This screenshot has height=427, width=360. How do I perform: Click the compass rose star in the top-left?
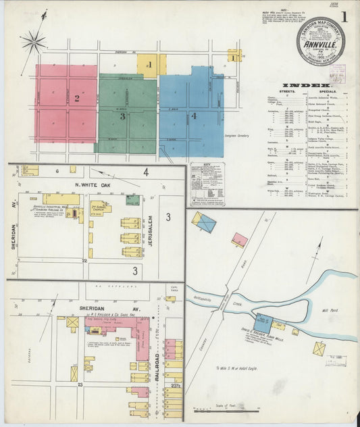coord(32,43)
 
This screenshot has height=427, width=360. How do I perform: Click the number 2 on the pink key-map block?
coord(77,99)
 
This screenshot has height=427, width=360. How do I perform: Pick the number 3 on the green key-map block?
coord(122,116)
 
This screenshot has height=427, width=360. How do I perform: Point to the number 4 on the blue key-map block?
coord(194,116)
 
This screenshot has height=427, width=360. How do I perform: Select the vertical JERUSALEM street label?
coord(151,230)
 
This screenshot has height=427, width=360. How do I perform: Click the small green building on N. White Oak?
coord(133,199)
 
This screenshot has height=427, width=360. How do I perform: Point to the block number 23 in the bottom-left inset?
coord(80,384)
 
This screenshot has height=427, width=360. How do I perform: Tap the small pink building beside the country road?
coord(240,239)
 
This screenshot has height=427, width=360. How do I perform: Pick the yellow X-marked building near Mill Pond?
coord(319,349)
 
